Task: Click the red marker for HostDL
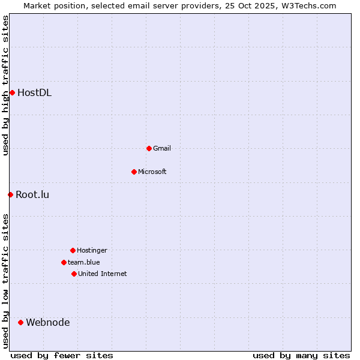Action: pyautogui.click(x=12, y=92)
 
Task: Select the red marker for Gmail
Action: pyautogui.click(x=149, y=148)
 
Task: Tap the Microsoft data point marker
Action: pyautogui.click(x=134, y=172)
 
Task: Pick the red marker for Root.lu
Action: pyautogui.click(x=10, y=194)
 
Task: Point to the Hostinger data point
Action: pyautogui.click(x=73, y=250)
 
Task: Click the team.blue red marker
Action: pyautogui.click(x=64, y=262)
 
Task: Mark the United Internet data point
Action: pyautogui.click(x=74, y=274)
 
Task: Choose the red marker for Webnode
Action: pyautogui.click(x=20, y=322)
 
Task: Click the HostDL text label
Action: pyautogui.click(x=34, y=92)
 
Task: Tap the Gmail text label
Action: pyautogui.click(x=162, y=148)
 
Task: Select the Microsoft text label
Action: pyautogui.click(x=152, y=172)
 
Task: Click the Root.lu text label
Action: pyautogui.click(x=32, y=194)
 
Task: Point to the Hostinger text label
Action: pyautogui.click(x=92, y=250)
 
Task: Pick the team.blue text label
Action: pyautogui.click(x=84, y=262)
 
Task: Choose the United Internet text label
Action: pyautogui.click(x=103, y=274)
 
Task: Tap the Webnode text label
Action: pyautogui.click(x=47, y=322)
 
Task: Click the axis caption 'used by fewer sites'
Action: pyautogui.click(x=62, y=355)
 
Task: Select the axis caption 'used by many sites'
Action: pyautogui.click(x=301, y=355)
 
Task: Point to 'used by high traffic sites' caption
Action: pyautogui.click(x=5, y=85)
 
